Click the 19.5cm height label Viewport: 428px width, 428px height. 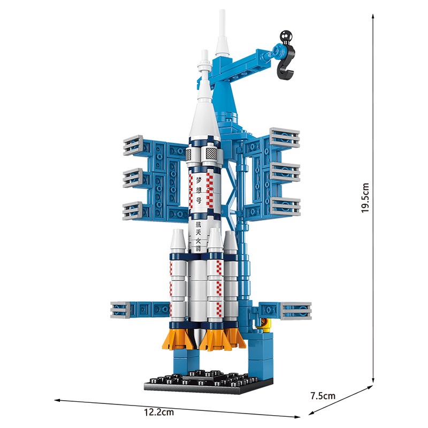tap(365, 198)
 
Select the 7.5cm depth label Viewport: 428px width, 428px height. tap(323, 396)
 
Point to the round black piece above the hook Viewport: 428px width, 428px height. tap(284, 37)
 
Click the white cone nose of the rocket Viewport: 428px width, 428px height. tap(203, 96)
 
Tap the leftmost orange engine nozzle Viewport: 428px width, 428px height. tap(178, 337)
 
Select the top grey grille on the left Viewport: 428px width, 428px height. tap(133, 145)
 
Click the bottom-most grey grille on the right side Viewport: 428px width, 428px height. tap(295, 310)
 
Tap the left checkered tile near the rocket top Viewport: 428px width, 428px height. tap(189, 155)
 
